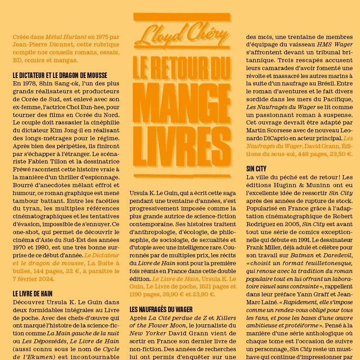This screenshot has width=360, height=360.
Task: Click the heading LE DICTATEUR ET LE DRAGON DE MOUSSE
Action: click(60, 75)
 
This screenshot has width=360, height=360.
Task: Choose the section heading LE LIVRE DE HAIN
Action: click(32, 294)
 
